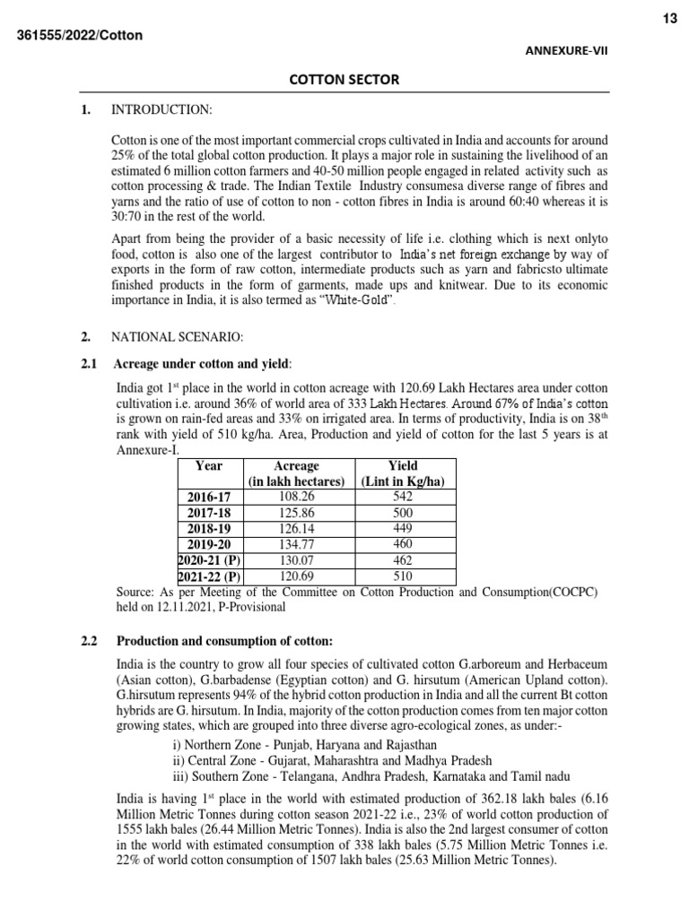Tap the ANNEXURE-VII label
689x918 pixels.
[x=566, y=51]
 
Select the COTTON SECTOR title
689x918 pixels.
[x=344, y=81]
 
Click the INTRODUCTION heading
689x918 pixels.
[x=161, y=109]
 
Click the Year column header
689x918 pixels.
[x=209, y=466]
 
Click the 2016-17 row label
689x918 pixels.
[x=209, y=497]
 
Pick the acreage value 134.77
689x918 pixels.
[x=296, y=543]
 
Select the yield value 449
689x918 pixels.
[x=403, y=528]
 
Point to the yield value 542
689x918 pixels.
[x=403, y=496]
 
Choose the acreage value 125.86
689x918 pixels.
[x=296, y=512]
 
